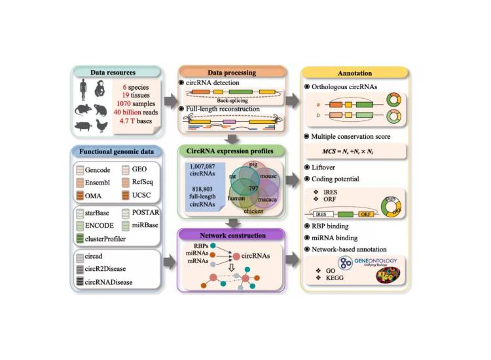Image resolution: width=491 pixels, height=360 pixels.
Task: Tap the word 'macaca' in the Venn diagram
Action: click(x=266, y=199)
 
